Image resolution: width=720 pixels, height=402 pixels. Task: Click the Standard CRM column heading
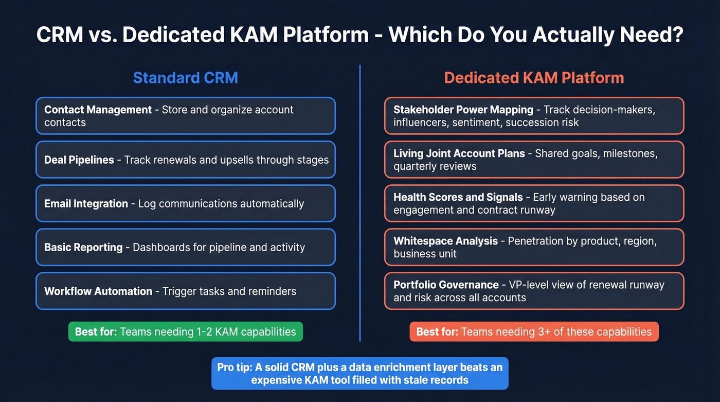185,78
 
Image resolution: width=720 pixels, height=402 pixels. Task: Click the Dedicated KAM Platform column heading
534,78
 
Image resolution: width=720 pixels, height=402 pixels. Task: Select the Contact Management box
185,116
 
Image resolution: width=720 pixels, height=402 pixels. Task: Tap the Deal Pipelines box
185,160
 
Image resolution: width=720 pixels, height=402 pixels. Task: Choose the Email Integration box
185,203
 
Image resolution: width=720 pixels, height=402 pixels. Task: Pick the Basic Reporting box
185,247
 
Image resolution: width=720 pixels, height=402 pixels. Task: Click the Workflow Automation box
185,291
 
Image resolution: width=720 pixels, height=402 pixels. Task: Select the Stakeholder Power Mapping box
534,116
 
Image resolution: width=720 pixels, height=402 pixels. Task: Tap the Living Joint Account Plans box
534,160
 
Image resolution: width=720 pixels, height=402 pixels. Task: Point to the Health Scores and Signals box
534,203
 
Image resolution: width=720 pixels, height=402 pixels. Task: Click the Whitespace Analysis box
534,247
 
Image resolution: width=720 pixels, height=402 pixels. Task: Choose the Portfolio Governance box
534,291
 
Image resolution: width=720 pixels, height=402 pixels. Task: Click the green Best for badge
185,331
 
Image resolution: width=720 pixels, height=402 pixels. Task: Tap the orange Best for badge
534,331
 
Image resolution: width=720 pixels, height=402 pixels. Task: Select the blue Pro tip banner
359,373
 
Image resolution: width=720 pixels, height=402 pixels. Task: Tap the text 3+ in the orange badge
518,332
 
